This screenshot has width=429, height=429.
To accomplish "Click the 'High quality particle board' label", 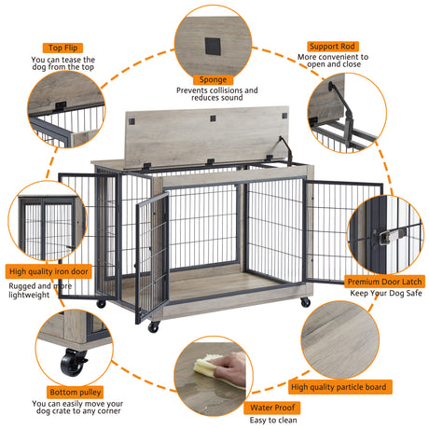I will (x=339, y=385).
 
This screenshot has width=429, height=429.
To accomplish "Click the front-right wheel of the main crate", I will (x=306, y=303).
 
